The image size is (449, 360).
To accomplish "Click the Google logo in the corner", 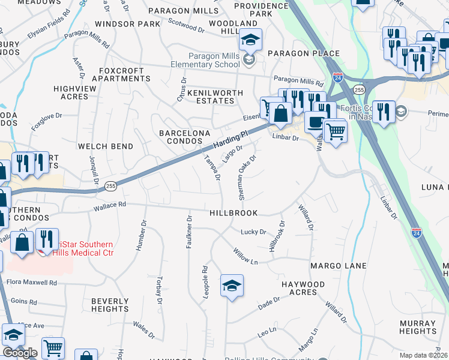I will (x=20, y=353).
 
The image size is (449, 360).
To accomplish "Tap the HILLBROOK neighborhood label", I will (x=234, y=213).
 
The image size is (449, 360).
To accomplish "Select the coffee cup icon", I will (x=316, y=122).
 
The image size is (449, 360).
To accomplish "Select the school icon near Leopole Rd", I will (x=232, y=286).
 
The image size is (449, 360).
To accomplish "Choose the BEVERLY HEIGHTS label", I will (x=110, y=305).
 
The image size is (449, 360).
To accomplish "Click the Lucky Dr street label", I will (x=253, y=232).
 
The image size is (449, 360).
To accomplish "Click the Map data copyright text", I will (x=423, y=355).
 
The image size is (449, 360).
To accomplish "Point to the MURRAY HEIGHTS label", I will (x=417, y=327).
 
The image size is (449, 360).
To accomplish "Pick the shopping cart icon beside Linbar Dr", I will (x=335, y=131).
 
